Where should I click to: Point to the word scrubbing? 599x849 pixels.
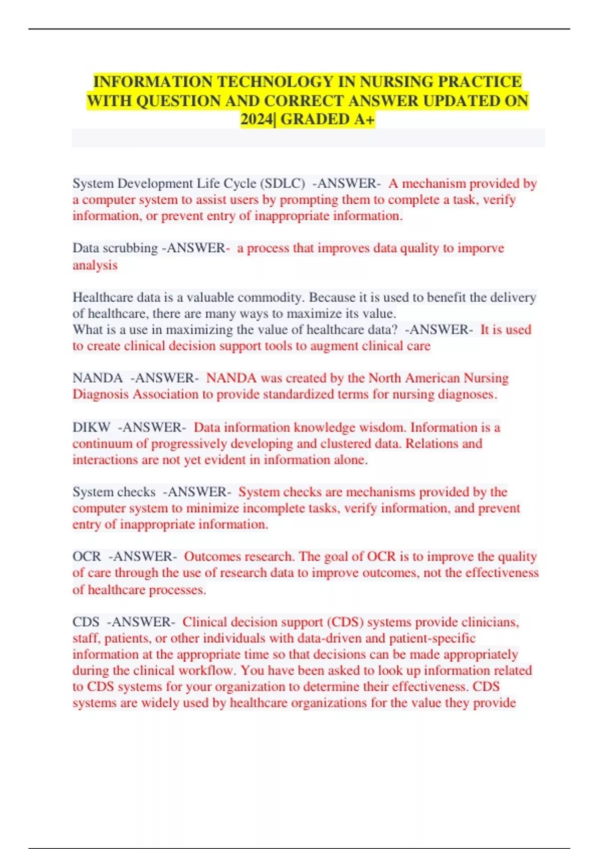(x=129, y=248)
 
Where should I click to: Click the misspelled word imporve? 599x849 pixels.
(x=481, y=248)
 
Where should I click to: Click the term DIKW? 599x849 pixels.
(x=91, y=427)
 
